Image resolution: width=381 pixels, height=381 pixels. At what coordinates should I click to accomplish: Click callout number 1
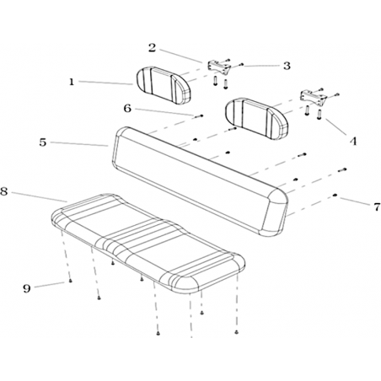coord(72,82)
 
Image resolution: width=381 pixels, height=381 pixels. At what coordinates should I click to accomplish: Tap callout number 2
coord(152,48)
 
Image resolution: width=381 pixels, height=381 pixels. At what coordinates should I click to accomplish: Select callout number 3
coord(287,66)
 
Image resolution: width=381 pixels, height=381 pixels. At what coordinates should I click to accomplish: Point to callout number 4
coord(353,141)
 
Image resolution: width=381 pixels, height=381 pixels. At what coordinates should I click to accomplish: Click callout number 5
coord(43,142)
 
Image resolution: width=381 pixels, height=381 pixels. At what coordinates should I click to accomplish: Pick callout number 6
coord(127,108)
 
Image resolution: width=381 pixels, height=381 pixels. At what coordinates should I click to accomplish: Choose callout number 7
coord(377,207)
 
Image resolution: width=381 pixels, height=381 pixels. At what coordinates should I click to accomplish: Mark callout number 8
coord(3,191)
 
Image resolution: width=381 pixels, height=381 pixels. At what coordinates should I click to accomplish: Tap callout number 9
coord(27,288)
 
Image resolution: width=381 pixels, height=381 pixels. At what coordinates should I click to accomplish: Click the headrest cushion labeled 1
coord(164,85)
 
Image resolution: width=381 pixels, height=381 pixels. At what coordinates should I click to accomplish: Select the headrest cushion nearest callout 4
coord(257,118)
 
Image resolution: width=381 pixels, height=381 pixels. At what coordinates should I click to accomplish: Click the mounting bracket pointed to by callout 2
coord(219,67)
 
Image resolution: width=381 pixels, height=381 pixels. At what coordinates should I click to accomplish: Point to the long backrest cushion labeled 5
coord(200,181)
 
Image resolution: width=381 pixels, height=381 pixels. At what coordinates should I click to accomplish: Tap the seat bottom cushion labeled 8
coord(148,244)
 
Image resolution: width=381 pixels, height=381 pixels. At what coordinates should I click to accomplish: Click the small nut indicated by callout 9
coord(70,281)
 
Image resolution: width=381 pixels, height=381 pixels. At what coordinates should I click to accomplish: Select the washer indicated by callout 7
coord(335,196)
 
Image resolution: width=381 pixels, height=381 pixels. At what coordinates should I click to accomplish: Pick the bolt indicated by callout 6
coord(199,115)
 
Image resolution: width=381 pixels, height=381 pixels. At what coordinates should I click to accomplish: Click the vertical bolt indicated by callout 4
coord(319,115)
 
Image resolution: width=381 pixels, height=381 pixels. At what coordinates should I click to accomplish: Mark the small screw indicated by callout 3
coord(241,65)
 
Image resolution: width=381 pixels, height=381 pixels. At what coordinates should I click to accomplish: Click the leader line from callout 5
coord(79,144)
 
